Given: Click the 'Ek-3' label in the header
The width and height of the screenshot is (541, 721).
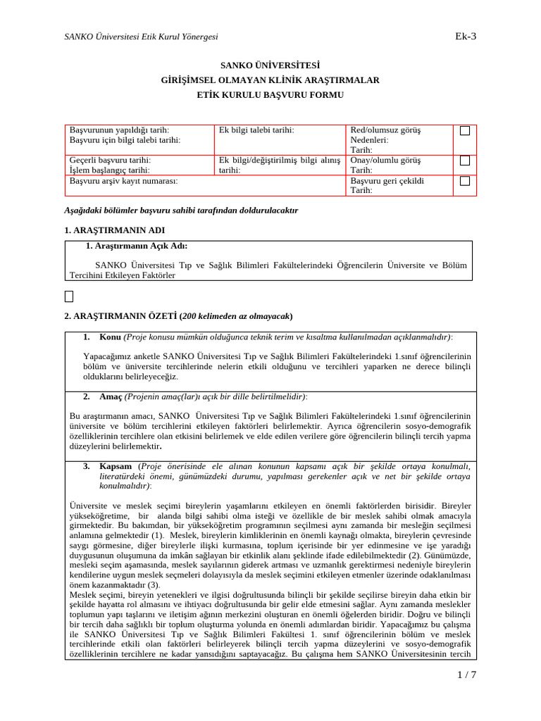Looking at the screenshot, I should point(466,36).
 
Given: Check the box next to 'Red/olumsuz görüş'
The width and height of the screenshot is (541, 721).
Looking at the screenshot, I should point(465,130).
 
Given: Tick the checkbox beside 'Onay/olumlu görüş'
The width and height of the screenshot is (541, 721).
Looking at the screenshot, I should point(465,161).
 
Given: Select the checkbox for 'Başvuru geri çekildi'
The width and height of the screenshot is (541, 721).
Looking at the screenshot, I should point(465,181).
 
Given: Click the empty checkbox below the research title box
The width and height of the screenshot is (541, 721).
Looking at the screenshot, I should point(68,296).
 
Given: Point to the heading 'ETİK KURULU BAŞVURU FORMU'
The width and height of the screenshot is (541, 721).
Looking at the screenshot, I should point(270,94).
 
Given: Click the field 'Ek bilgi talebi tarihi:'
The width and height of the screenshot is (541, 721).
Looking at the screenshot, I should point(256,130).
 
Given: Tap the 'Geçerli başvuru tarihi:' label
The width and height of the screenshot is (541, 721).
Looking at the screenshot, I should point(110,161).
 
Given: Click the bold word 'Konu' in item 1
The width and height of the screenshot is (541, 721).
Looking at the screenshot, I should point(111,337).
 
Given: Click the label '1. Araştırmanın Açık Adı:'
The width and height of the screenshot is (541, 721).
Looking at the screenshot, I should point(136,246).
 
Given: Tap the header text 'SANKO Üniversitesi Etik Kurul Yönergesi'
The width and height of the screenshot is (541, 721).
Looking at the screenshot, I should point(141,37).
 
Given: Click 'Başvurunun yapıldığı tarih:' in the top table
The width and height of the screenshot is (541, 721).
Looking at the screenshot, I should point(119,130).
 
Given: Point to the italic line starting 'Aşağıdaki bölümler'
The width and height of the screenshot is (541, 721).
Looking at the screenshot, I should point(181,210).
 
